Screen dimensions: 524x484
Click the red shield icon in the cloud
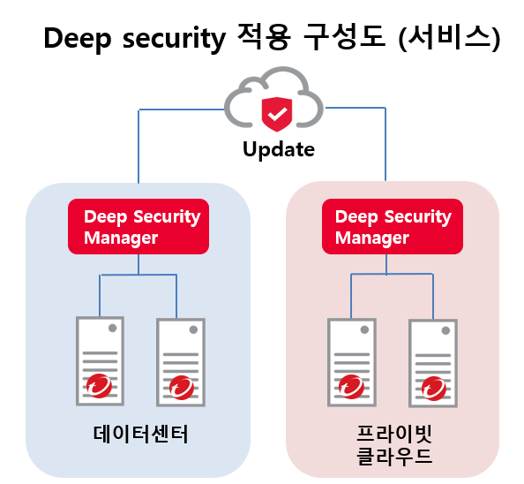pyautogui.click(x=277, y=114)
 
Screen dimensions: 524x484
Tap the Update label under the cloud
pyautogui.click(x=279, y=149)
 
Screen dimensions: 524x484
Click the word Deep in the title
pyautogui.click(x=78, y=39)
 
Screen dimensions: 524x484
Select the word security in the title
pyautogui.click(x=175, y=39)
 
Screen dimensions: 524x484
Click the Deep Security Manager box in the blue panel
pyautogui.click(x=138, y=226)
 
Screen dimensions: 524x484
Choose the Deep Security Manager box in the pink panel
pyautogui.click(x=393, y=226)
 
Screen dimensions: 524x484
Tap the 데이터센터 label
pyautogui.click(x=140, y=435)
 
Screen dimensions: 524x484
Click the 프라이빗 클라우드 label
pyautogui.click(x=394, y=445)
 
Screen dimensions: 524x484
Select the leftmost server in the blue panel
pyautogui.click(x=100, y=361)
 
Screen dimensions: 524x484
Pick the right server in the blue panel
pyautogui.click(x=181, y=363)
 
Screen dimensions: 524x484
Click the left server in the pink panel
pyautogui.click(x=352, y=363)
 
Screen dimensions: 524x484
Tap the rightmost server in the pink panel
pyautogui.click(x=433, y=364)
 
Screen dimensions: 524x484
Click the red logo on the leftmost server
pyautogui.click(x=99, y=386)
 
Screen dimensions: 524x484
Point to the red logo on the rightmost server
pyautogui.click(x=434, y=389)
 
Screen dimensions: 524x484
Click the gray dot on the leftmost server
pyautogui.click(x=113, y=329)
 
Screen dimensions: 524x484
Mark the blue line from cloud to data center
pyautogui.click(x=138, y=110)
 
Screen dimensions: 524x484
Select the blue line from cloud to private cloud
pyautogui.click(x=386, y=108)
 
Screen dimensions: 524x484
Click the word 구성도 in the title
pyautogui.click(x=344, y=38)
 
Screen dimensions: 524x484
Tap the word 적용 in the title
pyautogui.click(x=264, y=38)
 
